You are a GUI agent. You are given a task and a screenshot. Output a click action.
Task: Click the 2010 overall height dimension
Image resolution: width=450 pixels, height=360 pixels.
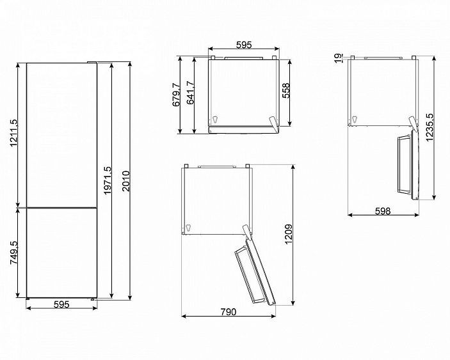126,181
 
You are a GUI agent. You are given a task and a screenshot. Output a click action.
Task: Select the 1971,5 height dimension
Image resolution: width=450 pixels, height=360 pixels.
108,180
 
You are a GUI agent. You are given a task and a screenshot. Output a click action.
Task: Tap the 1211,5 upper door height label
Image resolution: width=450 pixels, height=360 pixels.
13,133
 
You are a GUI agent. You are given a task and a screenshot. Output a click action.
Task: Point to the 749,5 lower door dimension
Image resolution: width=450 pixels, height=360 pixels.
13,253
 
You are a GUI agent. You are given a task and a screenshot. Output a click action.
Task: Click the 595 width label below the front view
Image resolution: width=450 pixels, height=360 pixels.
61,304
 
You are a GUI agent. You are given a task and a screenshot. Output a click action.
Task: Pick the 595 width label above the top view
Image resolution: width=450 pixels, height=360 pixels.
244,45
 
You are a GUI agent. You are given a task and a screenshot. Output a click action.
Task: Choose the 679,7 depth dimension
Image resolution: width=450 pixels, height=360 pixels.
176,94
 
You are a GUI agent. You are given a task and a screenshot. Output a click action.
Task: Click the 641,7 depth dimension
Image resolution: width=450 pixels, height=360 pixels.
190,93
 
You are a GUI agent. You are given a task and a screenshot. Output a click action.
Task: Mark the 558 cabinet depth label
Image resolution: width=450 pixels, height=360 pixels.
286,91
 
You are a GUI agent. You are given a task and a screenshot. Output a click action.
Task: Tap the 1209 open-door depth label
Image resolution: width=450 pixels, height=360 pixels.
289,234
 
